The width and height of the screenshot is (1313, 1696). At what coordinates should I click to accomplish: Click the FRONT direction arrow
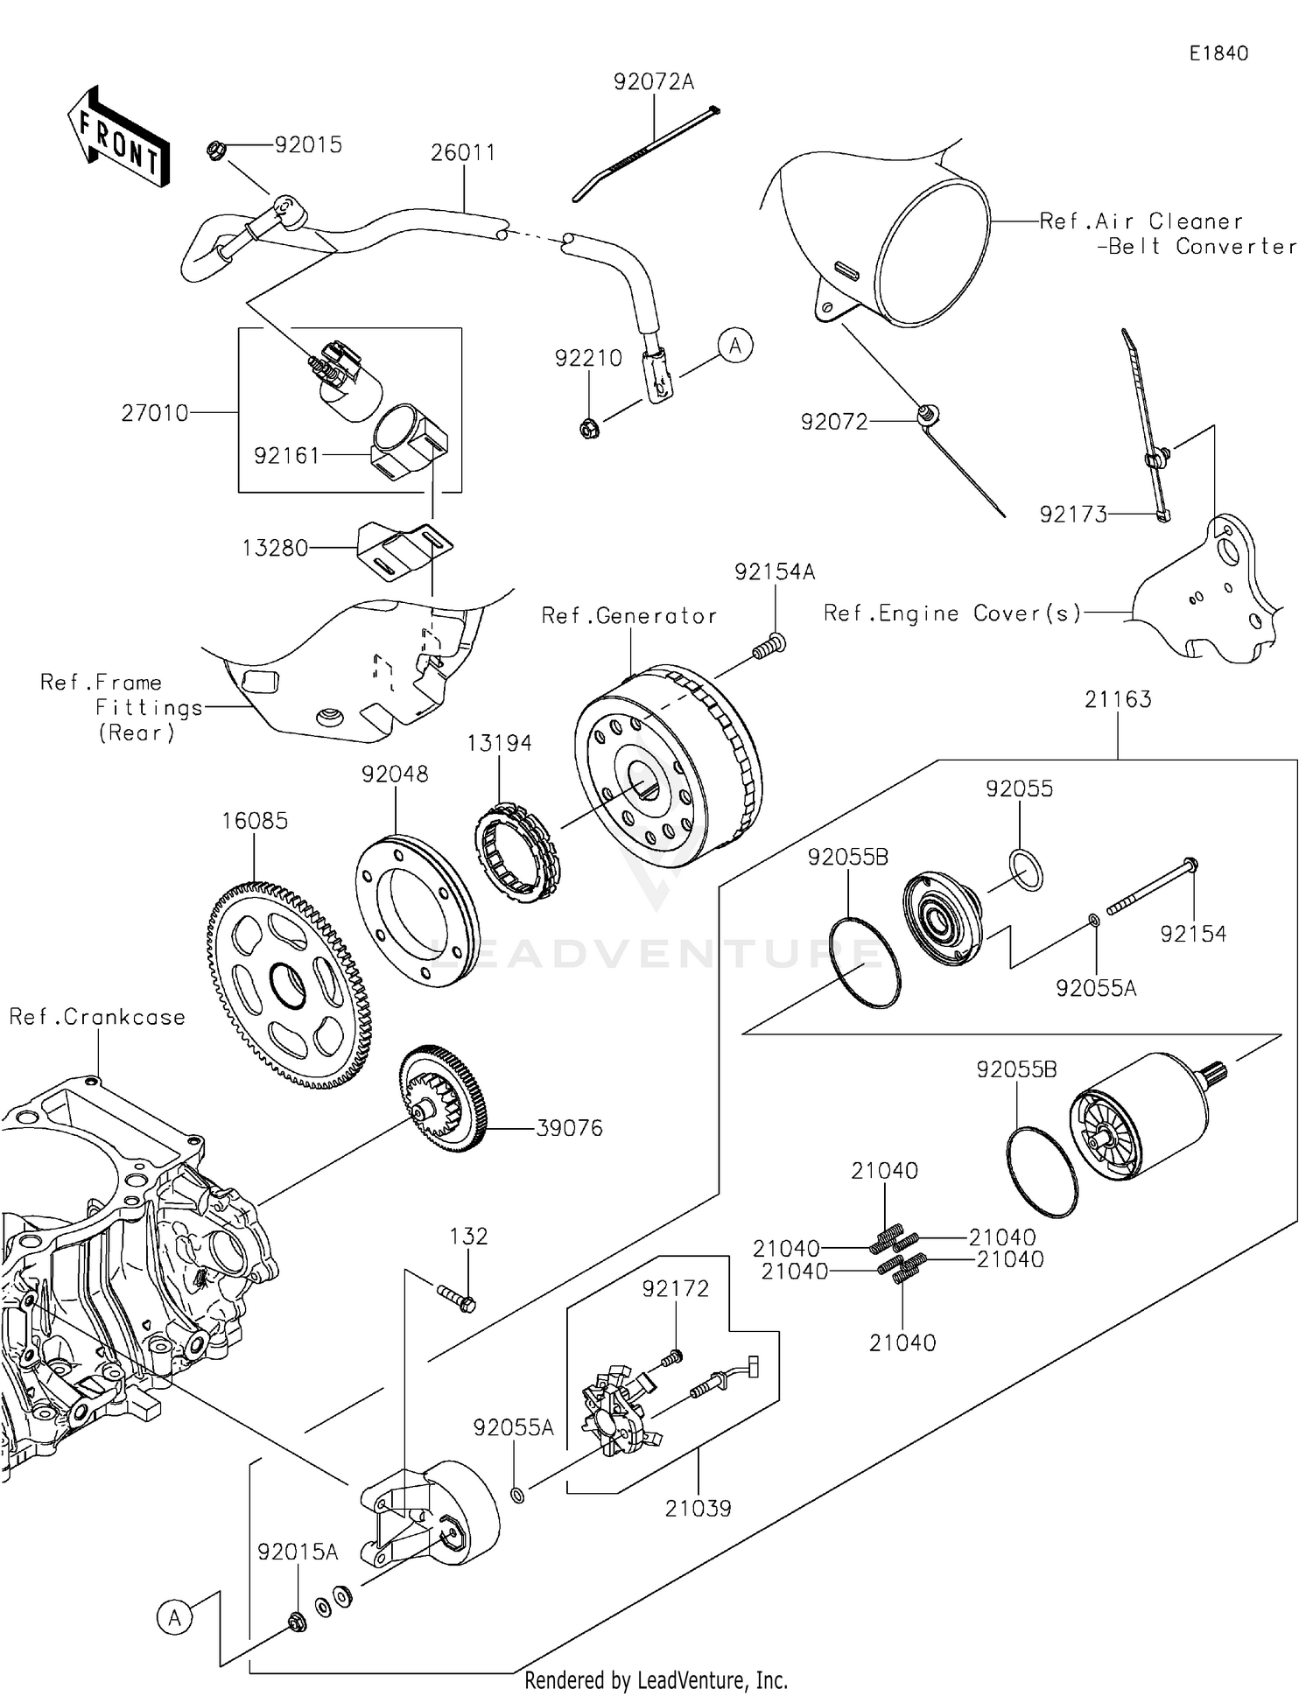[x=118, y=137]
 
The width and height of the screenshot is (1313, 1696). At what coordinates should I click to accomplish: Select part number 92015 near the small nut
[x=308, y=144]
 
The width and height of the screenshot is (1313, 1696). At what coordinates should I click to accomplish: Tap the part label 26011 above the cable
[x=463, y=152]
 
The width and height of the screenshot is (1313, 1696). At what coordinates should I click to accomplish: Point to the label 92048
[x=395, y=774]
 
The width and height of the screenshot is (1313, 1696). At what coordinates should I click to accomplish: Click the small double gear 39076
[x=444, y=1097]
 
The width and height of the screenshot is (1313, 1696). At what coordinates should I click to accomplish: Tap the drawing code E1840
[x=1218, y=53]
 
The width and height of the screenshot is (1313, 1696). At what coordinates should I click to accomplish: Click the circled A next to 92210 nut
[x=735, y=346]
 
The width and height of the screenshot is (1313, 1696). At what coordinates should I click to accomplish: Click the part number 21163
[x=1118, y=699]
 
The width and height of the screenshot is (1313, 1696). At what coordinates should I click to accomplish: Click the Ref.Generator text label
[x=628, y=616]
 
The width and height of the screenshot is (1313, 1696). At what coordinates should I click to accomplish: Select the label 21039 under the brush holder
[x=698, y=1508]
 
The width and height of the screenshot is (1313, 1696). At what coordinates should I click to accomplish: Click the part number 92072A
[x=653, y=81]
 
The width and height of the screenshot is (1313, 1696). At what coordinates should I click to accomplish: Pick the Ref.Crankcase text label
[x=97, y=1017]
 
